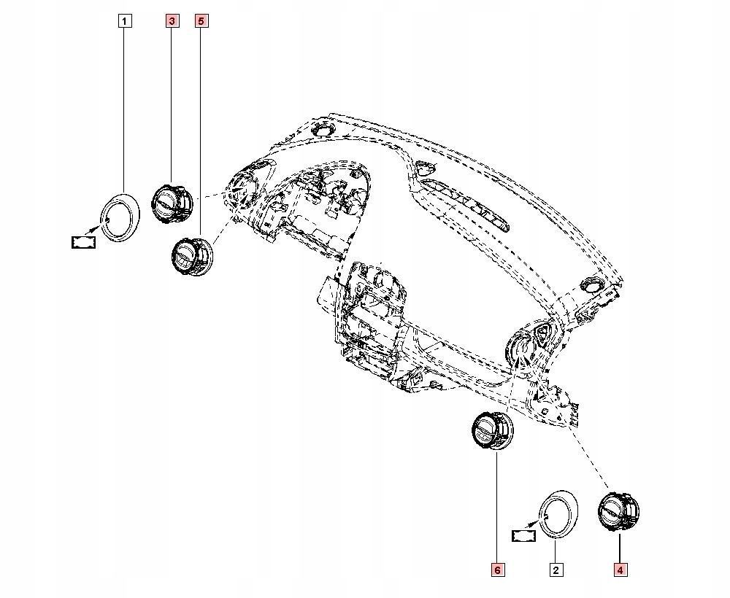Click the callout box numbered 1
tap(126, 21)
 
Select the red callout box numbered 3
tap(172, 21)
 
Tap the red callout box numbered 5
tap(201, 21)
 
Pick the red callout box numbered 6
tap(497, 570)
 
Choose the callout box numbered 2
tap(556, 570)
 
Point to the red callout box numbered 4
tap(620, 570)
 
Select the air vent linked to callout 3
tap(172, 203)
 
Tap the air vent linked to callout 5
tap(192, 257)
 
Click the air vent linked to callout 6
tap(493, 431)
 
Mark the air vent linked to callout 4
tap(618, 513)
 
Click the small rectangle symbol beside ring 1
tap(84, 242)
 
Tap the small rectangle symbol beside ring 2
tap(523, 536)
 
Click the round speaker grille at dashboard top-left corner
tap(322, 130)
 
